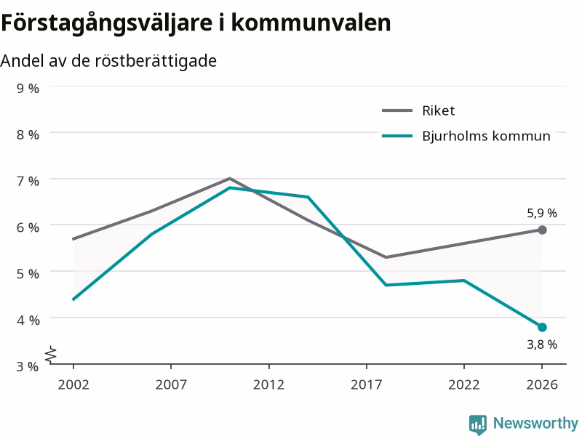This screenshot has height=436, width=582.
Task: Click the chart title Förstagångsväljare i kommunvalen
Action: point(196,23)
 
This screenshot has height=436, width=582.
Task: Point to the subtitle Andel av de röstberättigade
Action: point(108,61)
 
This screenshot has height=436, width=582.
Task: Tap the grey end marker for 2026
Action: point(542,230)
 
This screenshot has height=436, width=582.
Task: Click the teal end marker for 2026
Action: point(542,328)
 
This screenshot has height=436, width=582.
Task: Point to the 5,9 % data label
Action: point(542,213)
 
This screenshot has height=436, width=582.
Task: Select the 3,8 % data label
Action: point(542,344)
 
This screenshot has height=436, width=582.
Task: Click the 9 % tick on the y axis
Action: point(28,88)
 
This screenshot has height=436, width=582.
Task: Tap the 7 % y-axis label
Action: point(28,181)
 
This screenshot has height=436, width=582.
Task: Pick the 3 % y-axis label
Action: point(28,366)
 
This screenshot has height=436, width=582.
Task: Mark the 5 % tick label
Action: point(28,274)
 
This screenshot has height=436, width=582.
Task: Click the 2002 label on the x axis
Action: point(73,385)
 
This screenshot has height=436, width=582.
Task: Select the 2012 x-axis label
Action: point(268,385)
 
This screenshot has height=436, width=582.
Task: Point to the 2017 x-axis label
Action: point(367,385)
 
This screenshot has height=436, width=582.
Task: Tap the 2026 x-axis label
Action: point(542,385)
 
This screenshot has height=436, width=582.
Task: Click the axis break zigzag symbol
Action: point(51,354)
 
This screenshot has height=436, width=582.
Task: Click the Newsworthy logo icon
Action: point(478,424)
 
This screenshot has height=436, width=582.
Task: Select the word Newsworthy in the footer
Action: point(535,423)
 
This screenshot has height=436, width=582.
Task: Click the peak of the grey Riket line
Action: point(230,178)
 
